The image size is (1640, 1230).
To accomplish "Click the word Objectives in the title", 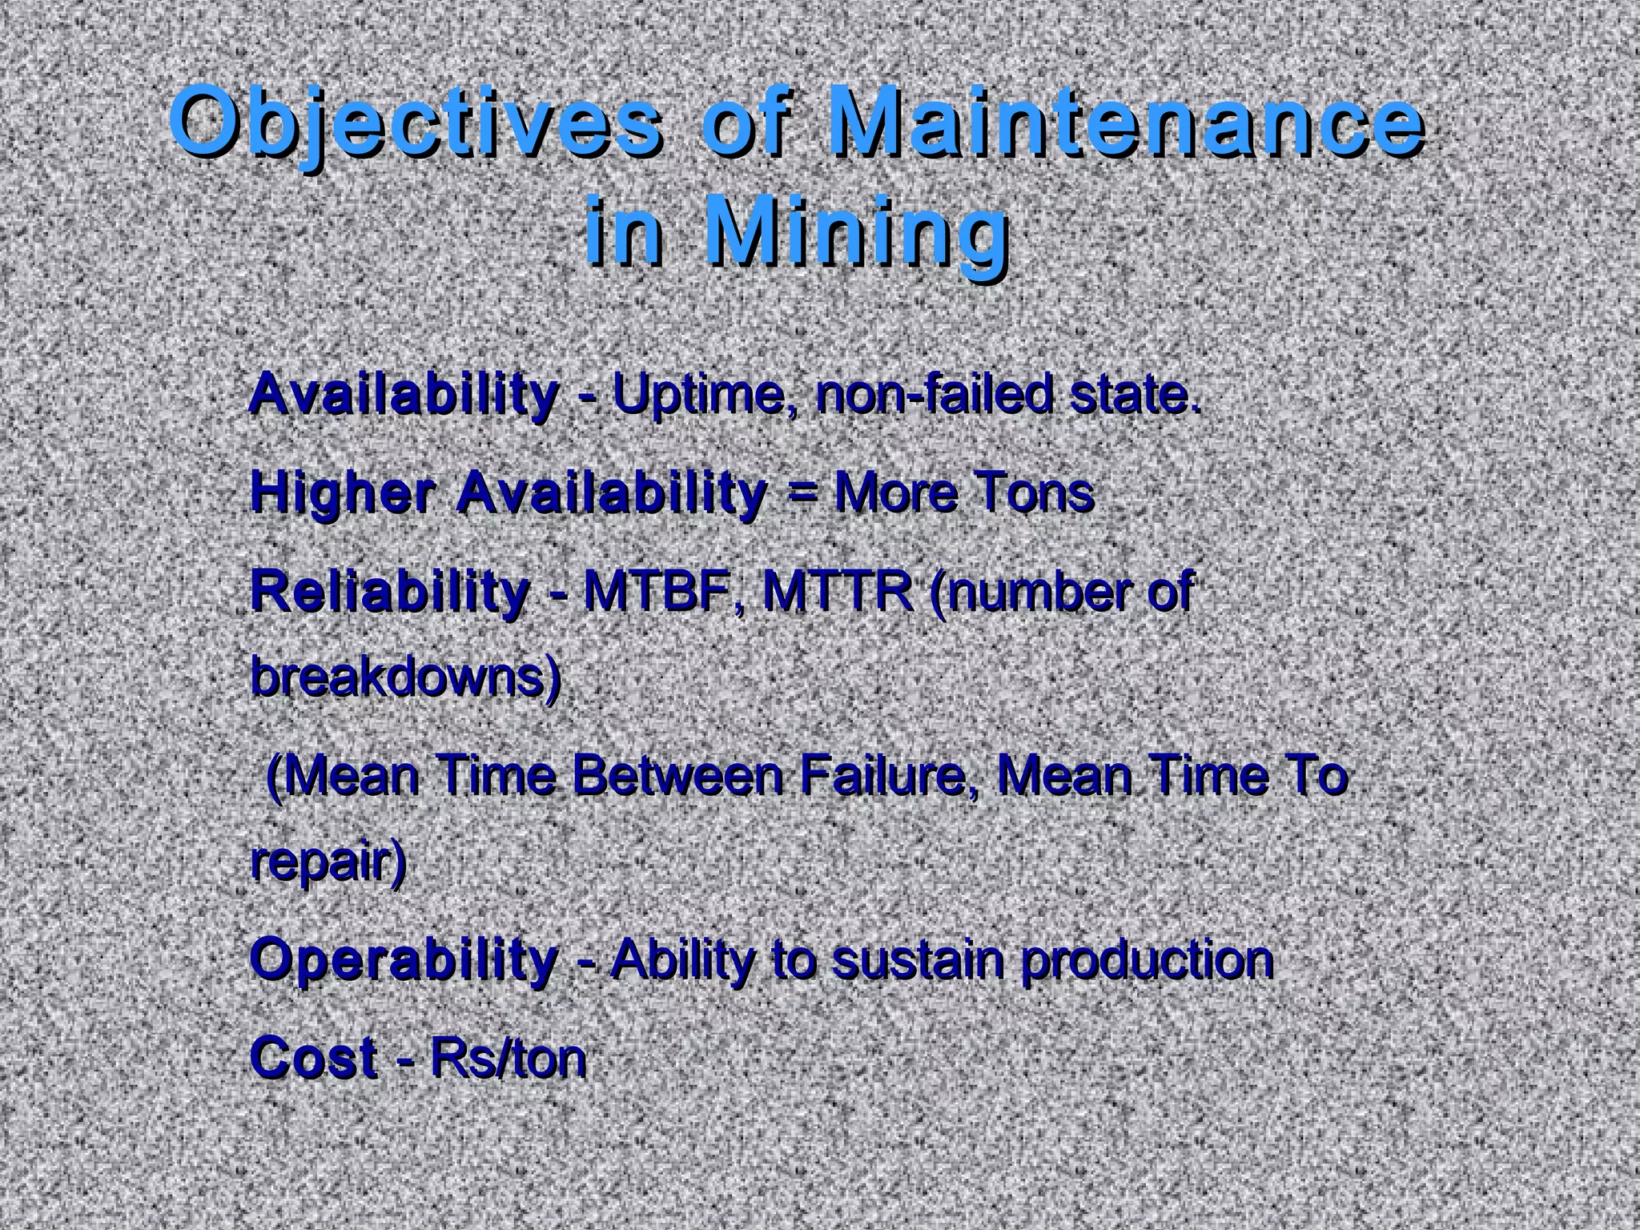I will tap(416, 124).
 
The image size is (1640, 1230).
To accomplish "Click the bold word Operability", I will tap(404, 959).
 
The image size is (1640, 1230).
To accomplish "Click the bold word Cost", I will tap(313, 1057).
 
